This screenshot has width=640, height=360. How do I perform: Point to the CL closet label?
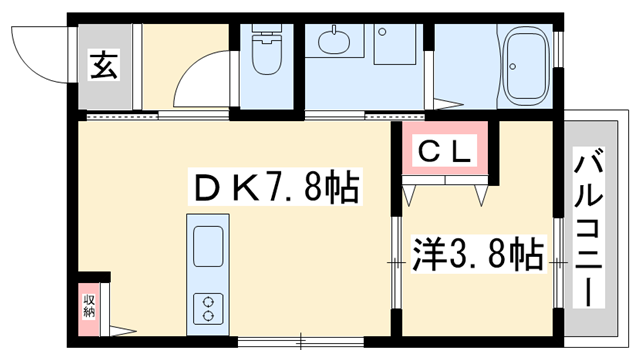pyautogui.click(x=444, y=152)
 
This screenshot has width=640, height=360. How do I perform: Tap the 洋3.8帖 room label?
pyautogui.click(x=477, y=252)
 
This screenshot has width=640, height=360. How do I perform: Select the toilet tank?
pyautogui.click(x=266, y=33)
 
